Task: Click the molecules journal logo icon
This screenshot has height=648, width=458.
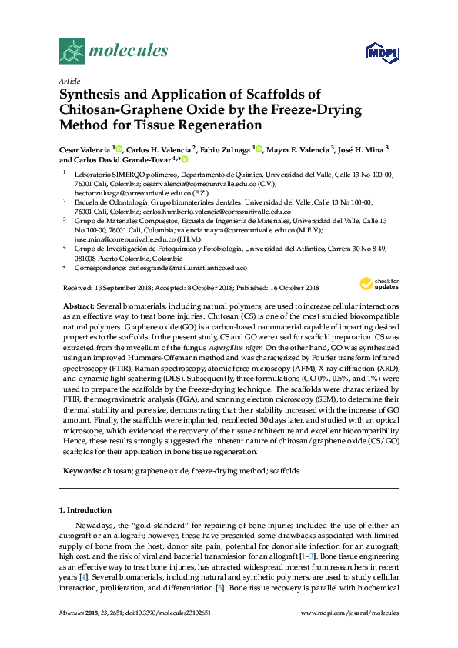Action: tap(72, 52)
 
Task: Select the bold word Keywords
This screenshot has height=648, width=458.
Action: tap(80, 469)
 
